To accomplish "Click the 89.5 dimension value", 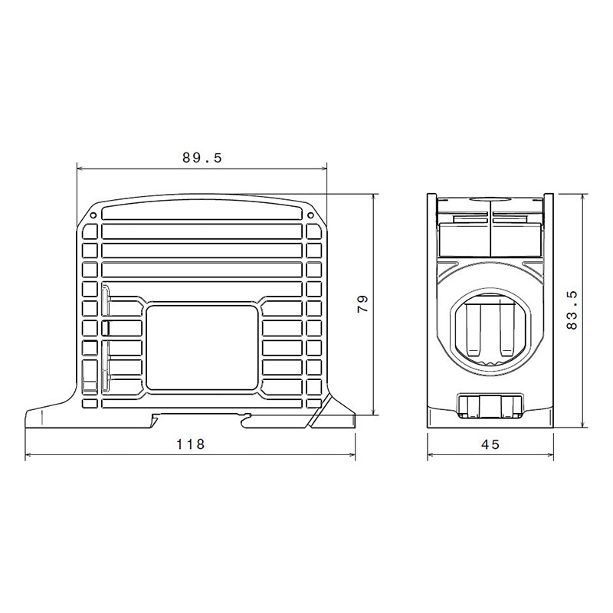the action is pos(202,158).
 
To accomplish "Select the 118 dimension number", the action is pos(190,444).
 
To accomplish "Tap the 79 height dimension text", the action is pos(363,303).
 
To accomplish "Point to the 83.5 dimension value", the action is pos(572,310).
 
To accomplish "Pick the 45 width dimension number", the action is pos(490,444).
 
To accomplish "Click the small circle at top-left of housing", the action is pos(93,215).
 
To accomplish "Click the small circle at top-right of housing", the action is pos(310,215).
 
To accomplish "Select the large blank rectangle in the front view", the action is pos(202,348).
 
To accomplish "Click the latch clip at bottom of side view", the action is pos(490,407).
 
